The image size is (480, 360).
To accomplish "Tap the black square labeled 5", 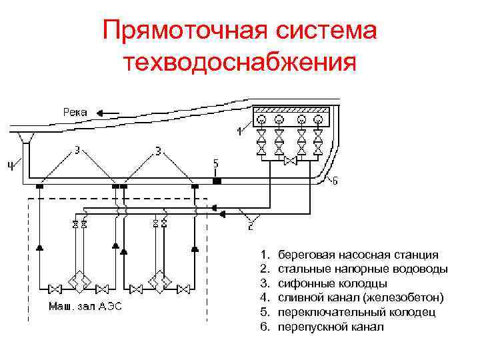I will pyautogui.click(x=217, y=180).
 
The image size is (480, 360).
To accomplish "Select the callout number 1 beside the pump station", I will pyautogui.click(x=239, y=131).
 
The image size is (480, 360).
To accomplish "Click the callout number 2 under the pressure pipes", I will pyautogui.click(x=250, y=227).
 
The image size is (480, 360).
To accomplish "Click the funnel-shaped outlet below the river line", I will pyautogui.click(x=27, y=137).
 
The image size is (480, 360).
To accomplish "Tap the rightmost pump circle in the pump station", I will pyautogui.click(x=320, y=120).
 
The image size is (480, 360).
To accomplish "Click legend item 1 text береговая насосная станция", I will pyautogui.click(x=358, y=255).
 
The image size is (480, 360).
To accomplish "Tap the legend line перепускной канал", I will pyautogui.click(x=331, y=327).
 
